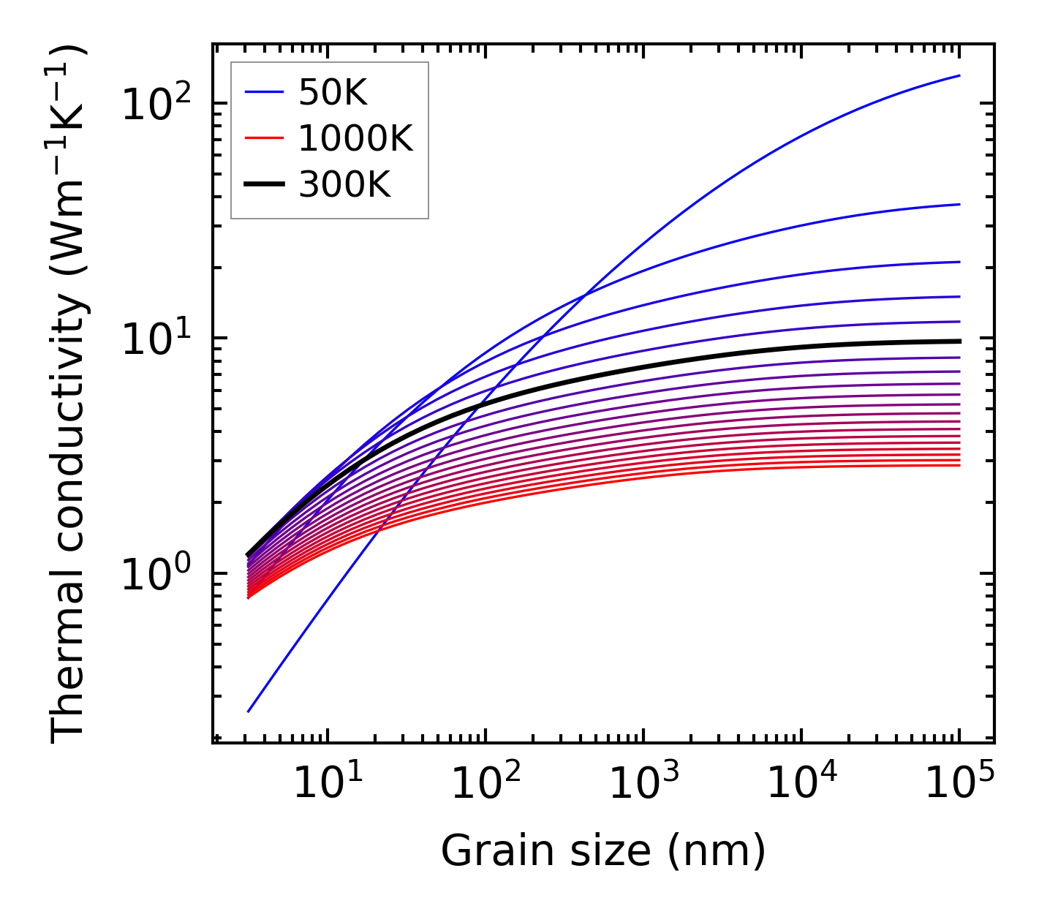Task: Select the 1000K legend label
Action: pos(355,138)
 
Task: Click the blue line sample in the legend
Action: pos(264,92)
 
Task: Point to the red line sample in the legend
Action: pos(264,138)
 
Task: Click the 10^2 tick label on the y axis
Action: pos(154,103)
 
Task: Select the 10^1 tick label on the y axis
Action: pos(154,339)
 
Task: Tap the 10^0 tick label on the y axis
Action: pos(154,574)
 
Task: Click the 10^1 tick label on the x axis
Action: pos(328,783)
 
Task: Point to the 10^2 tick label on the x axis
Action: pos(486,783)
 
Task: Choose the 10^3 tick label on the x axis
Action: pos(643,783)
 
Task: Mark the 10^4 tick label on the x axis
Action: pos(801,783)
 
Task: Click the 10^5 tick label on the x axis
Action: pos(959,783)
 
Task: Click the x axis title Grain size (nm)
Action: pos(603,851)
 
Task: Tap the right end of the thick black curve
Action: pos(959,341)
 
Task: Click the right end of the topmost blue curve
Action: pos(959,75)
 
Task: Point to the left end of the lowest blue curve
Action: pos(249,711)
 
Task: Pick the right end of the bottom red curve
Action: pos(959,465)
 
